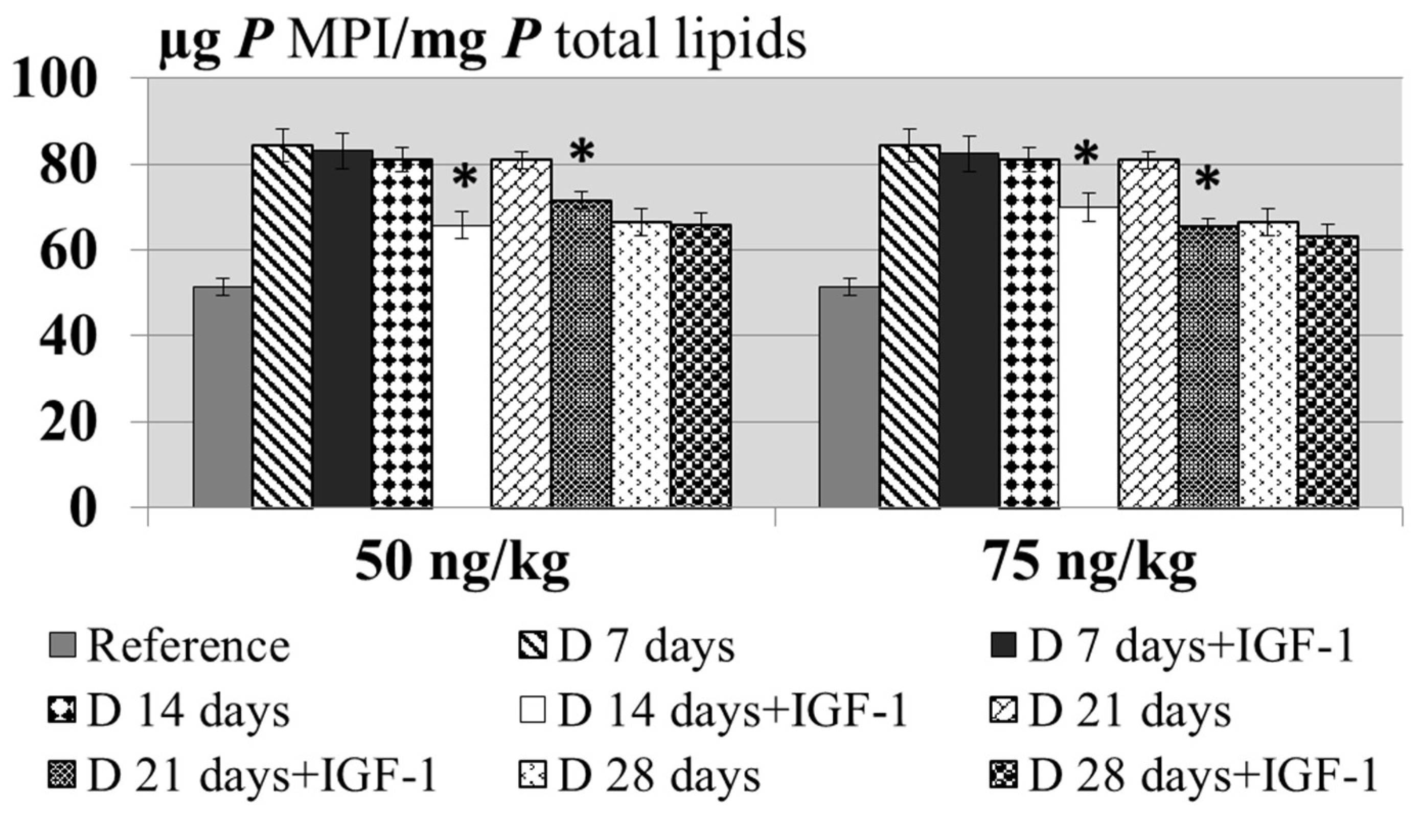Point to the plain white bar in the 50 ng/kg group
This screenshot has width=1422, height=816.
tap(463, 366)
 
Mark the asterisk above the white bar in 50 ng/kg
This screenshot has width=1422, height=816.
tap(465, 178)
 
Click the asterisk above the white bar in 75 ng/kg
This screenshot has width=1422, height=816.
tap(1086, 154)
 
